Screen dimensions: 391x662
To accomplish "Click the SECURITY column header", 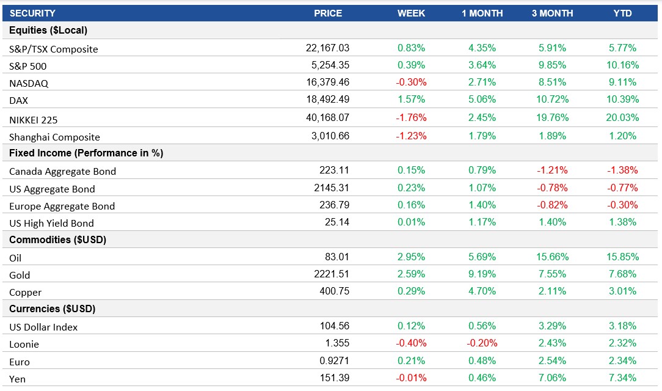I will tap(32, 13).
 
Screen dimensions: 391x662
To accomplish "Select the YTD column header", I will tap(622, 13).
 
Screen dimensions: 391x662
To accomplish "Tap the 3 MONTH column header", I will tap(552, 13).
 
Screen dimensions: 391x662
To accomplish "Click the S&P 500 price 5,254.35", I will tap(328, 65).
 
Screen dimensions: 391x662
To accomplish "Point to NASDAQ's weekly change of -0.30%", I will tap(411, 82).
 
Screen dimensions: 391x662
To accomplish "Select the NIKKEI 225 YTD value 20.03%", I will tap(622, 117).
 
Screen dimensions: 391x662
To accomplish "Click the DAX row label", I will tap(19, 100).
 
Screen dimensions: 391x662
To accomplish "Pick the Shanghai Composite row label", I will tap(54, 137).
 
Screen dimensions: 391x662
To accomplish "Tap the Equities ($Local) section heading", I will tap(48, 30).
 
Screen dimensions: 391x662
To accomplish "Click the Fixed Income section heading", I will tap(86, 153).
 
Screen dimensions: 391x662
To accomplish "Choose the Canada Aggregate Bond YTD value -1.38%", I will tap(622, 170).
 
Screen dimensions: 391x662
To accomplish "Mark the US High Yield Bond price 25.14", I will tap(337, 222).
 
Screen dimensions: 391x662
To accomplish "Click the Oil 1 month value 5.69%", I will tap(482, 257).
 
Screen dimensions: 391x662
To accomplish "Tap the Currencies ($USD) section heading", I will tap(52, 309).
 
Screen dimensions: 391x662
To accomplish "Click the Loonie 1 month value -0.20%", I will tap(482, 343).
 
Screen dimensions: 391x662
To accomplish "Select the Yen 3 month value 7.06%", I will tap(552, 378).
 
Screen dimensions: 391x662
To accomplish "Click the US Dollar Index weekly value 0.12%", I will tap(411, 326).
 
